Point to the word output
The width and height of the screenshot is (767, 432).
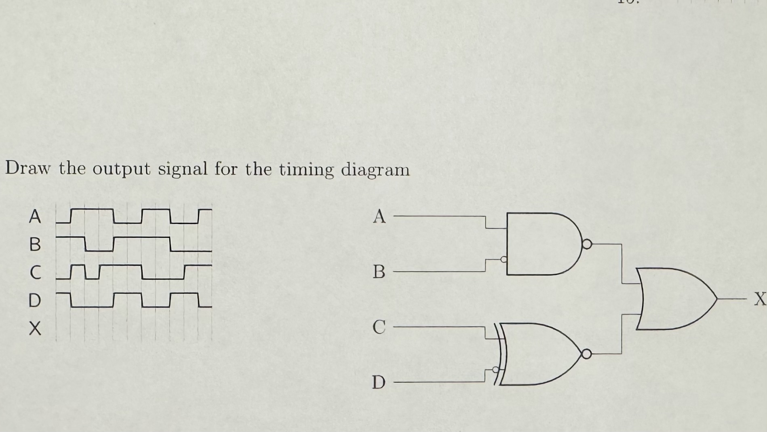pyautogui.click(x=121, y=169)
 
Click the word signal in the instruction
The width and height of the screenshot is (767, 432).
pyautogui.click(x=182, y=169)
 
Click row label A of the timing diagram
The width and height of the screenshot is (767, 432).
pyautogui.click(x=35, y=217)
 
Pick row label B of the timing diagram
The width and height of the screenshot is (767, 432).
pyautogui.click(x=35, y=244)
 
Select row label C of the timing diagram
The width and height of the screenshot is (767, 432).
pyautogui.click(x=35, y=272)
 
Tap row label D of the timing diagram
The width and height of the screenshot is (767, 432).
pyautogui.click(x=35, y=300)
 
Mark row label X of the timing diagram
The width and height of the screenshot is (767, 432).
pyautogui.click(x=35, y=328)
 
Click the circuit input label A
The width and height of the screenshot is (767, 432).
pyautogui.click(x=379, y=217)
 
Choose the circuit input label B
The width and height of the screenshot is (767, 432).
pyautogui.click(x=379, y=272)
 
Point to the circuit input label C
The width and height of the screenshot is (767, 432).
pyautogui.click(x=379, y=327)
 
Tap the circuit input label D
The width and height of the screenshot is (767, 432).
pyautogui.click(x=379, y=382)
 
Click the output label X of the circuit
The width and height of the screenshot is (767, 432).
pyautogui.click(x=760, y=299)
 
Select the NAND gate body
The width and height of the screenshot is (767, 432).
pyautogui.click(x=542, y=244)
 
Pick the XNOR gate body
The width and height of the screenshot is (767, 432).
pyautogui.click(x=537, y=354)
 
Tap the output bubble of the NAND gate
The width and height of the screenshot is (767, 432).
pyautogui.click(x=587, y=244)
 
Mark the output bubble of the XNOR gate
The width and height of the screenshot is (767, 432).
pyautogui.click(x=586, y=354)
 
